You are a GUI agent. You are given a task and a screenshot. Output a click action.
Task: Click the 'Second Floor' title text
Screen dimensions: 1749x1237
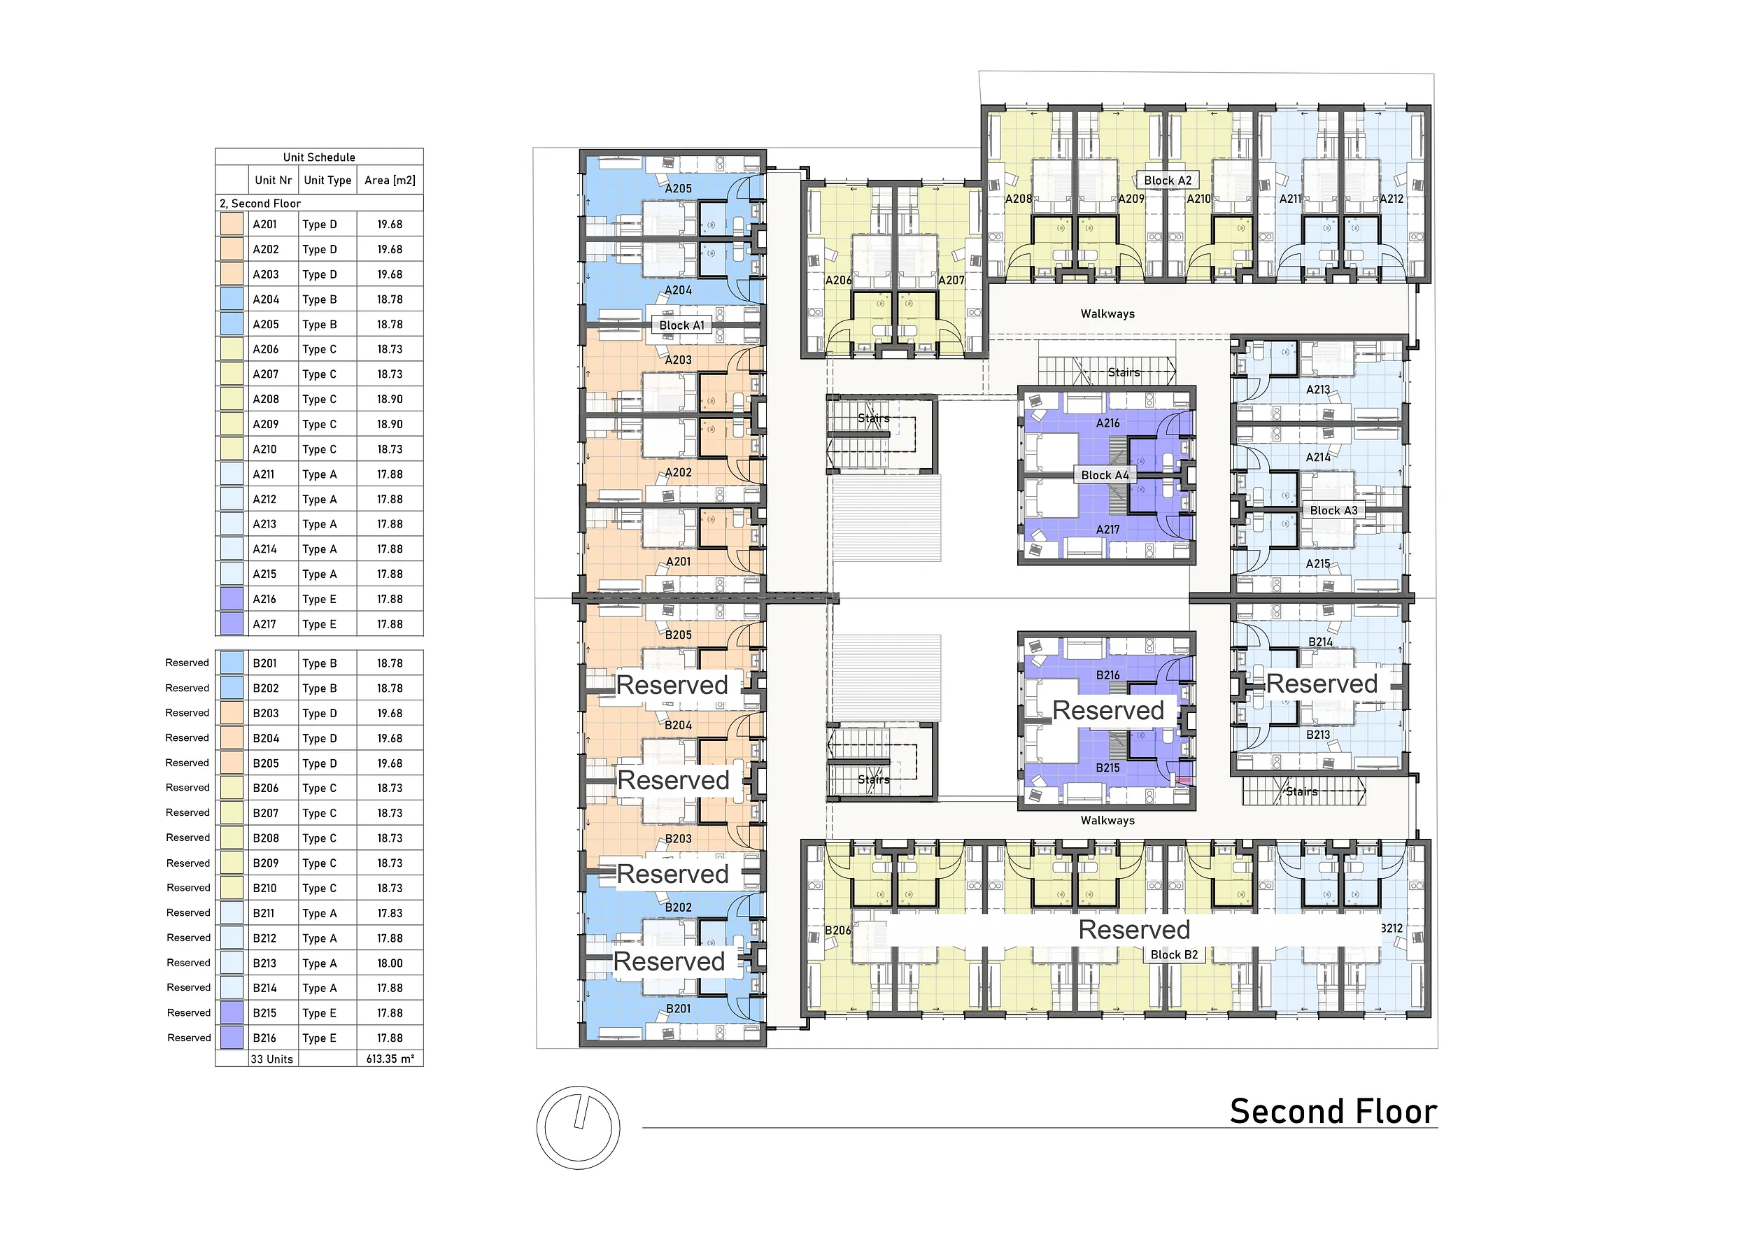pos(1333,1111)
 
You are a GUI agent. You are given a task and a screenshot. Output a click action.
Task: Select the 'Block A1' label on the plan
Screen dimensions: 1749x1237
pos(682,325)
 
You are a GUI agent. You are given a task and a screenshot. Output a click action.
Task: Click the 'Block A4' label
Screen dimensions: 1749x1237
pos(1105,475)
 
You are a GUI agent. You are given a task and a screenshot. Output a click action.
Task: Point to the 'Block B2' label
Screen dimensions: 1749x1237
pos(1174,954)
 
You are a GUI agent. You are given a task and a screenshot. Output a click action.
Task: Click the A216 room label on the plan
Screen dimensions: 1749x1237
pos(1107,423)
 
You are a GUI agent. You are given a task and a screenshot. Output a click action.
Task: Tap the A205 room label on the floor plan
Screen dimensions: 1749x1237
pos(678,188)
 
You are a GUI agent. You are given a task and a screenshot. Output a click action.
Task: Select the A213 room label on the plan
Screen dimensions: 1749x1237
pos(1318,389)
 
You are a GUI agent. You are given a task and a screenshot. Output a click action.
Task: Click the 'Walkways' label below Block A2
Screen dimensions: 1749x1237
pos(1107,314)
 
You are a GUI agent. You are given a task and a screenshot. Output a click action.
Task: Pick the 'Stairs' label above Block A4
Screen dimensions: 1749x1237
pos(1124,372)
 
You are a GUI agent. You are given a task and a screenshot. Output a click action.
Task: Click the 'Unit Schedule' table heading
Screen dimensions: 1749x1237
pos(319,157)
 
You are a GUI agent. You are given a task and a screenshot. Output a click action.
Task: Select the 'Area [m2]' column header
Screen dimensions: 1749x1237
pos(390,181)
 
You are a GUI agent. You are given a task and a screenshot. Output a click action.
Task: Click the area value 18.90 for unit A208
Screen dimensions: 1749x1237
pos(390,399)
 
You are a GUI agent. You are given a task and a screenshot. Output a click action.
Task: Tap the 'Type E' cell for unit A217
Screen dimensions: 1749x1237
pos(319,624)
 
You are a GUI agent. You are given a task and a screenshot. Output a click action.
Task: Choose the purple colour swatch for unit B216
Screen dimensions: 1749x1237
pos(232,1038)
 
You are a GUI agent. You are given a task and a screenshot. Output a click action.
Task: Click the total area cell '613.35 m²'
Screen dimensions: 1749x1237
pos(390,1059)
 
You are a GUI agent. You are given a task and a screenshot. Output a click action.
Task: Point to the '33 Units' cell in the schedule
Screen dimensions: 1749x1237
pos(272,1059)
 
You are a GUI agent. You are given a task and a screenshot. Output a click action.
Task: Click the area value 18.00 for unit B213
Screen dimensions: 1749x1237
pos(390,963)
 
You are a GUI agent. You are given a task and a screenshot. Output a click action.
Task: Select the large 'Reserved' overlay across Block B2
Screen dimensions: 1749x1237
pos(1134,929)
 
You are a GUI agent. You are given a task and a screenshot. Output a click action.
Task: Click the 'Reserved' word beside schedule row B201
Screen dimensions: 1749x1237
pos(187,663)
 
